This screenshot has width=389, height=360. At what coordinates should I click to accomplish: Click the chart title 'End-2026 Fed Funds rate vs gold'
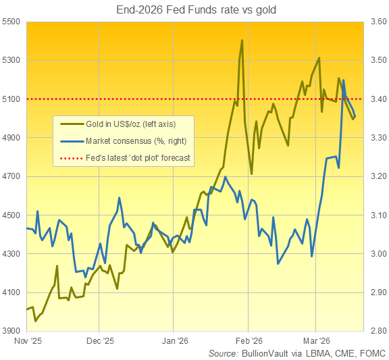pos(196,9)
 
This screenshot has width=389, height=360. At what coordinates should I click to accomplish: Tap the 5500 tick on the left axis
pos(12,22)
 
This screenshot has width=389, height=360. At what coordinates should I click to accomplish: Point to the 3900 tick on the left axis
pos(12,331)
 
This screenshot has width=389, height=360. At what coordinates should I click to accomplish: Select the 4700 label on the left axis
pos(12,176)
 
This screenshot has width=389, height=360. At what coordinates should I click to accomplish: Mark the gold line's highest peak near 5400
pos(242,41)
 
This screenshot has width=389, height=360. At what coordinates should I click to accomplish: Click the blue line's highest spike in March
pos(344,80)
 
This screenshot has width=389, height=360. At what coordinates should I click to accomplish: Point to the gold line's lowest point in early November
pos(35,321)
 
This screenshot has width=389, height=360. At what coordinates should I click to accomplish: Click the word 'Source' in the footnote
pos(223,353)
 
